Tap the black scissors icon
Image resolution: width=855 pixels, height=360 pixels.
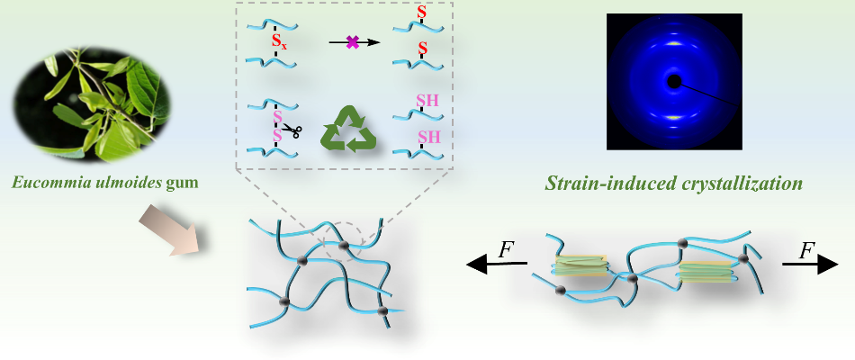click(x=291, y=132)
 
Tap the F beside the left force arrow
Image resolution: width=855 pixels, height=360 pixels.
click(x=507, y=248)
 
